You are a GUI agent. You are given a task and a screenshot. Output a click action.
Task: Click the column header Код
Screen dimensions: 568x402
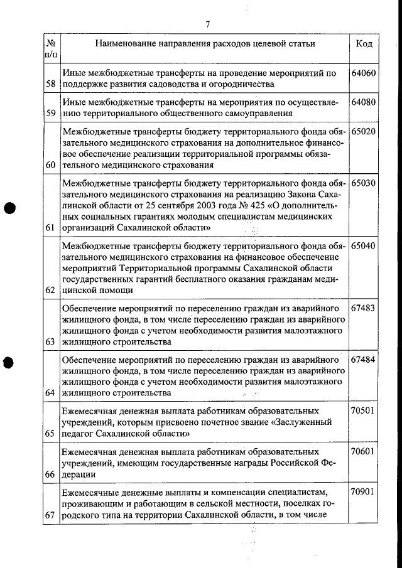tap(364, 44)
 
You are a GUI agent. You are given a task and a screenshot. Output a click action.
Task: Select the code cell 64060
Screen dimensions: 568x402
tap(364, 73)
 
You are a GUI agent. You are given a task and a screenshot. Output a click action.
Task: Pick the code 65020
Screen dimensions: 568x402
tap(364, 132)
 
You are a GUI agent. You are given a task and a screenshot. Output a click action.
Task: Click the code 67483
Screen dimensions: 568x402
tap(364, 308)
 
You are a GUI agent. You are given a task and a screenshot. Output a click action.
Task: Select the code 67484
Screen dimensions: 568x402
tap(364, 360)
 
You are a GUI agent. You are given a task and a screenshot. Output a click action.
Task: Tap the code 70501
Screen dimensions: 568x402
tap(364, 411)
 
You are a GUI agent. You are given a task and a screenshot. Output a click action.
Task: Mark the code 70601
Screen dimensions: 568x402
tap(364, 452)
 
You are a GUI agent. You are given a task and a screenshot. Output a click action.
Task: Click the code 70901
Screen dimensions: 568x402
tap(364, 492)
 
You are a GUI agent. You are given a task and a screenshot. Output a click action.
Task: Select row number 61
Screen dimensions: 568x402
tap(50, 227)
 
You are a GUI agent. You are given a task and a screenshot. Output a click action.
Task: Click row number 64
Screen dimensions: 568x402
tap(50, 393)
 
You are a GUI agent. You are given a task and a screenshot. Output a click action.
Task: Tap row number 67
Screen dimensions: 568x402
tap(50, 515)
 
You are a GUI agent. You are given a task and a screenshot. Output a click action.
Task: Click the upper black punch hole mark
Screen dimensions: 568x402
tap(8, 208)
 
